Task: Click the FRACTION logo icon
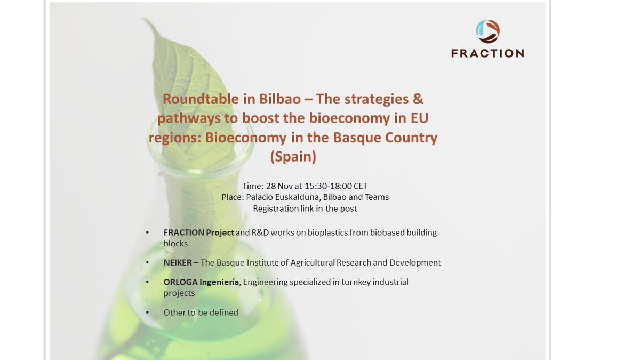tap(487, 31)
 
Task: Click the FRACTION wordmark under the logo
tap(487, 53)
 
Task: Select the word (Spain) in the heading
tap(293, 157)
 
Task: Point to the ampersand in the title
tap(418, 99)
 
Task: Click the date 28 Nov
tap(278, 186)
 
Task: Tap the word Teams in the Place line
tap(377, 197)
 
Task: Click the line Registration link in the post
tap(305, 209)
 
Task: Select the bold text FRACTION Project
tap(199, 233)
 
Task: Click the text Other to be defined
tap(201, 313)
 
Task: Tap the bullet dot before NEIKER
tap(147, 263)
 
